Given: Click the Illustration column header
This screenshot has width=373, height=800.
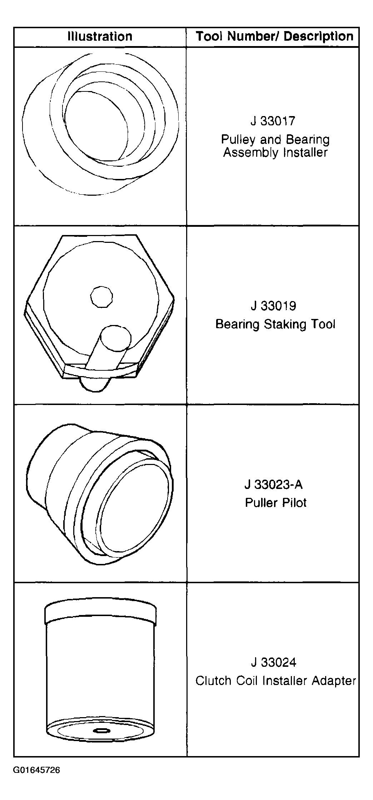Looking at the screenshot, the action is tap(100, 36).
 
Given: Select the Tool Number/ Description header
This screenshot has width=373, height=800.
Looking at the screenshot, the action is tap(275, 36).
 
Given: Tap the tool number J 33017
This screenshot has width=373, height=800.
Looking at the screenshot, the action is tap(273, 121).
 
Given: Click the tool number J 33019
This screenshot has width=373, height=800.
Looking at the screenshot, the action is tap(273, 306).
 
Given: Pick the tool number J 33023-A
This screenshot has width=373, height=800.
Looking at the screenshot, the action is tap(274, 484).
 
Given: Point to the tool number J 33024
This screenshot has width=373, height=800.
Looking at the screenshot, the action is tap(273, 662).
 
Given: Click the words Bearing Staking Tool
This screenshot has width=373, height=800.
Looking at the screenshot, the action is tap(275, 324).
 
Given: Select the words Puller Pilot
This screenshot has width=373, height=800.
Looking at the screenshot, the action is tap(275, 502).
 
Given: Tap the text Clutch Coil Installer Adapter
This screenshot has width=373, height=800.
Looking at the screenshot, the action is tap(276, 681).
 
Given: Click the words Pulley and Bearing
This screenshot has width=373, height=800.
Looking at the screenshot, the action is tap(275, 139).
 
